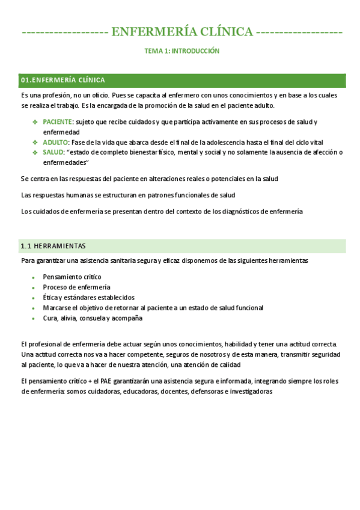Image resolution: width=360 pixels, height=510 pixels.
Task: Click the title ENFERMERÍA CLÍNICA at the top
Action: pos(182,32)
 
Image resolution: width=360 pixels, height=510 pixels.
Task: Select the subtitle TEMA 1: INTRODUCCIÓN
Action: pos(182,52)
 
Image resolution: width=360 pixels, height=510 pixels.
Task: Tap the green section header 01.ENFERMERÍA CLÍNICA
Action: pos(63,80)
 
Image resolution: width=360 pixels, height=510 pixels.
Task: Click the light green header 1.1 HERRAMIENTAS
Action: pos(53,246)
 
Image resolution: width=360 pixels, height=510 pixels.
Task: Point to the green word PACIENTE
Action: pos(57,122)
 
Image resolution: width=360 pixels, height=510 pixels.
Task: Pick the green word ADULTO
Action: pos(55,143)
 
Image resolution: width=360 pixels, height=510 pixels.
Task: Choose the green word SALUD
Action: pos(53,153)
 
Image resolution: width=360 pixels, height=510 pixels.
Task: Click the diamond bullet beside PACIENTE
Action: pos(35,122)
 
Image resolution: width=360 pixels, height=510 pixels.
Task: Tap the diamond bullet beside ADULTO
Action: pos(35,143)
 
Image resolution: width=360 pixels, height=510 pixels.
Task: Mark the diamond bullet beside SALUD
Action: pos(35,153)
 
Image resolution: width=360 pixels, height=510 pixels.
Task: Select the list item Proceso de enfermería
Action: pos(76,287)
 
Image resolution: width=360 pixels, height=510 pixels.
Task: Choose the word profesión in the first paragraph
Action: pos(53,96)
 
